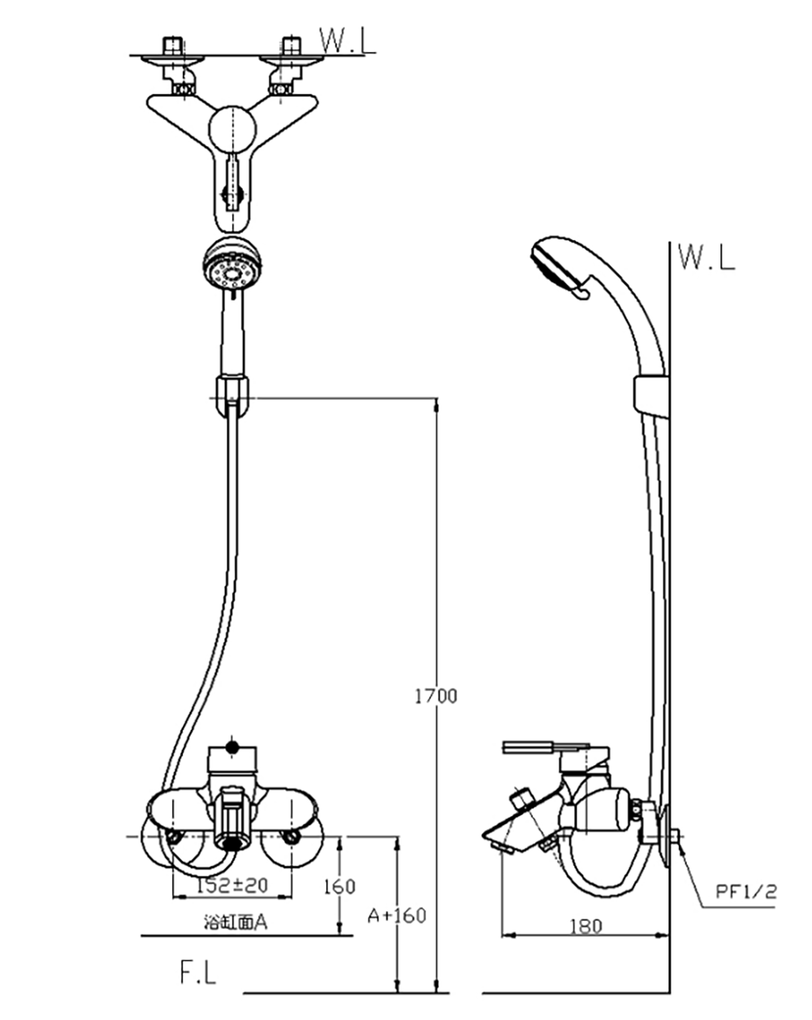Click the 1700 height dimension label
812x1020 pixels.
coord(435,696)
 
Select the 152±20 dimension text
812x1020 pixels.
coord(232,885)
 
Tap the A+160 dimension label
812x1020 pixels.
coord(397,916)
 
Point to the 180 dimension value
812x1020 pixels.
coord(585,926)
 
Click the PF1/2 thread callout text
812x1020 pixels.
coord(746,892)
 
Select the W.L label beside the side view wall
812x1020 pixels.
coord(706,257)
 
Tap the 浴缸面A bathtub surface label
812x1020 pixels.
coord(235,922)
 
